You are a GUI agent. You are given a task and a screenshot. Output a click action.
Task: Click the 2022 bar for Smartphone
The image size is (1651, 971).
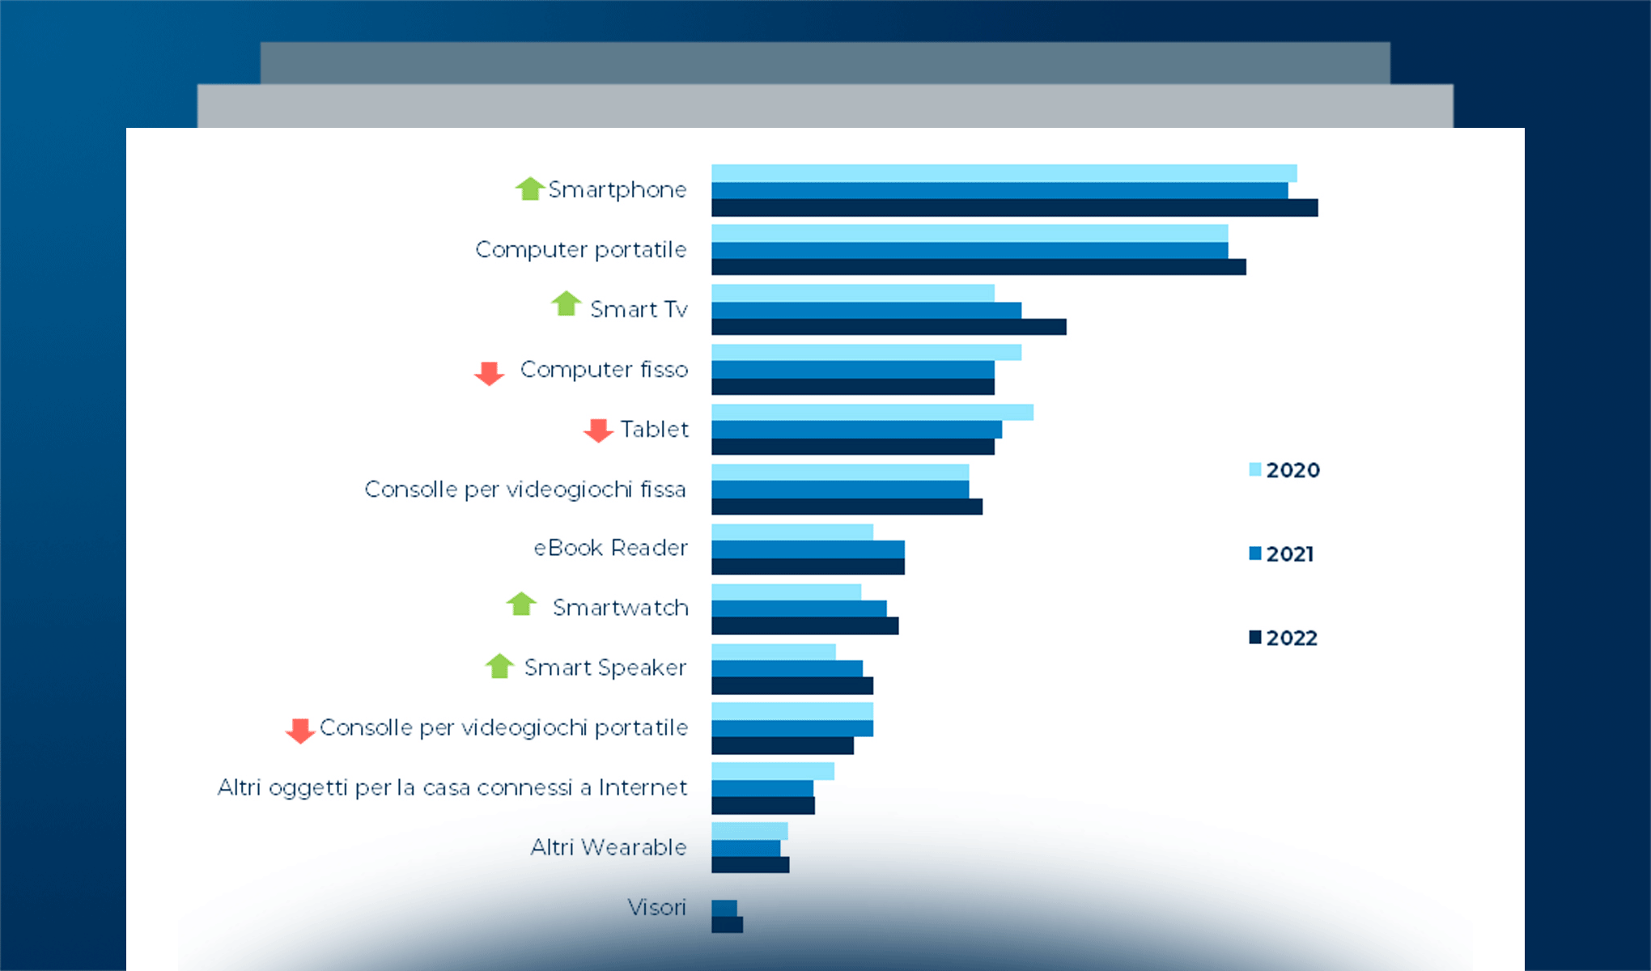(x=1014, y=208)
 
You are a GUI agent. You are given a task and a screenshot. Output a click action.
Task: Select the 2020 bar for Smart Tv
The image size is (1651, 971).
(x=852, y=293)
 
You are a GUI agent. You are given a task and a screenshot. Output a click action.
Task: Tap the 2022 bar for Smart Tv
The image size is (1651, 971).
(x=889, y=327)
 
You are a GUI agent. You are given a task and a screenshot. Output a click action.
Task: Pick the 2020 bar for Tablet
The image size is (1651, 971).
(x=872, y=413)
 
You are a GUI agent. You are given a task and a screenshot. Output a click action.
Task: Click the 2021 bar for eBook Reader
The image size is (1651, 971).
(x=808, y=549)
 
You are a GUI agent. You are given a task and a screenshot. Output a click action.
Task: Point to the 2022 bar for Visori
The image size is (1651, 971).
(x=727, y=925)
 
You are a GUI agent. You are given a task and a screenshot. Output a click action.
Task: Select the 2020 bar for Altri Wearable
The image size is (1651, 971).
(x=749, y=831)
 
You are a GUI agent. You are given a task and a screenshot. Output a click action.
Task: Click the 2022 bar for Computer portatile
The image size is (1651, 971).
(x=978, y=267)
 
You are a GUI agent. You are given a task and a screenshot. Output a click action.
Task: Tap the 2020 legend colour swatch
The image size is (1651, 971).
(x=1255, y=469)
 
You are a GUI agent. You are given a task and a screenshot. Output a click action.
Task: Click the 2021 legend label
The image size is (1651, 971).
(x=1290, y=554)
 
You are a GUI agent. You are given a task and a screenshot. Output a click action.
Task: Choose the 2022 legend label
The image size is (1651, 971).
(x=1292, y=638)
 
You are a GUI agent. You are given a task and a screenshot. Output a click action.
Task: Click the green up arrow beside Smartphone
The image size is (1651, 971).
(x=529, y=189)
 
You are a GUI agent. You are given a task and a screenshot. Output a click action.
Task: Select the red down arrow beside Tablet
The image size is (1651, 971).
(x=598, y=430)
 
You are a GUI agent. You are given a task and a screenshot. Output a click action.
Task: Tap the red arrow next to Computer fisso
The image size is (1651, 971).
(x=489, y=373)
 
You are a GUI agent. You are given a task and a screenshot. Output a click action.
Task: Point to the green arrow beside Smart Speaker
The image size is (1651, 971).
(x=499, y=666)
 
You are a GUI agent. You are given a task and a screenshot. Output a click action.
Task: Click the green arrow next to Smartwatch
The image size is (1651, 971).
(x=521, y=604)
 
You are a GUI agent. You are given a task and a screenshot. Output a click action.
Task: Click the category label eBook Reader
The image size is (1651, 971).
(x=610, y=549)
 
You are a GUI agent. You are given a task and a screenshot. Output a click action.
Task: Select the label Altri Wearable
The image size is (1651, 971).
(x=608, y=847)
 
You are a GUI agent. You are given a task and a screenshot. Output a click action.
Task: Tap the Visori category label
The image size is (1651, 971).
(x=656, y=907)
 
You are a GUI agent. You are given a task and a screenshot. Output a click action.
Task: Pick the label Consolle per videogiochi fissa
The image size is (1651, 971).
(x=524, y=490)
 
